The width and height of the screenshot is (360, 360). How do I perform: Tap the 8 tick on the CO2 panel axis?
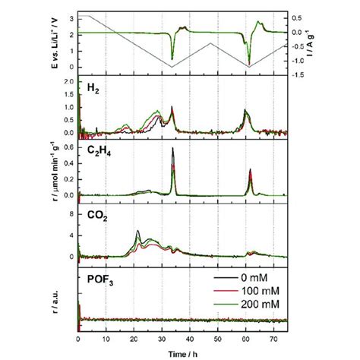coord(71,215)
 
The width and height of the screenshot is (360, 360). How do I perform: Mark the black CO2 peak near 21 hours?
coord(137,231)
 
